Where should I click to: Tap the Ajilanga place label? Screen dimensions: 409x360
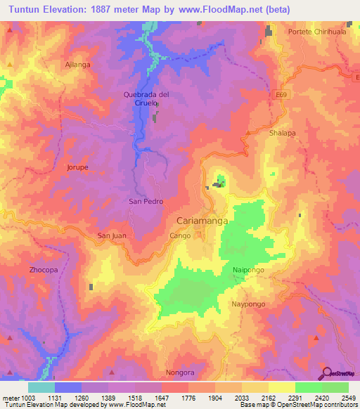78,64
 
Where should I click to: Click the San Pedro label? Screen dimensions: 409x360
146,201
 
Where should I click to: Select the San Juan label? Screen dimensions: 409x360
111,235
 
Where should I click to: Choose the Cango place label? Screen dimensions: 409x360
180,237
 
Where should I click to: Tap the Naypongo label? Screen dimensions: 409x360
248,304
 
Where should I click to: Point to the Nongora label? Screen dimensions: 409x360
179,372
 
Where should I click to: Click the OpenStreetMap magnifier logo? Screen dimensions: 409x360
326,373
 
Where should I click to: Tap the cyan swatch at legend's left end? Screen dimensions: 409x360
41,387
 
